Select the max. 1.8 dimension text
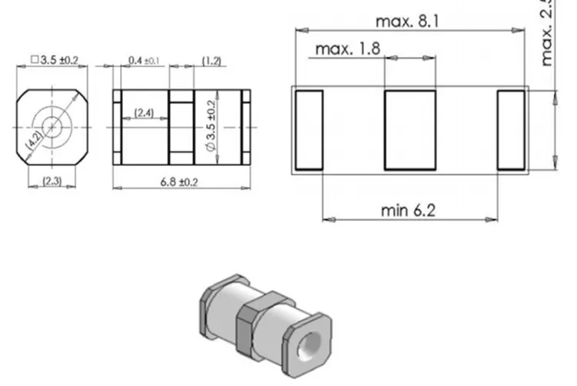pyautogui.click(x=348, y=49)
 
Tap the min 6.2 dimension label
pyautogui.click(x=407, y=210)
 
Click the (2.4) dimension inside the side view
pyautogui.click(x=144, y=113)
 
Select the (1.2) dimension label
pyautogui.click(x=213, y=60)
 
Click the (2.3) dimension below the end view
pyautogui.click(x=52, y=181)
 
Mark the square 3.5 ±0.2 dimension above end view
pyautogui.click(x=52, y=59)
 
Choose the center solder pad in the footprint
pyautogui.click(x=410, y=129)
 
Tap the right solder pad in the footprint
pyautogui.click(x=510, y=129)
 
